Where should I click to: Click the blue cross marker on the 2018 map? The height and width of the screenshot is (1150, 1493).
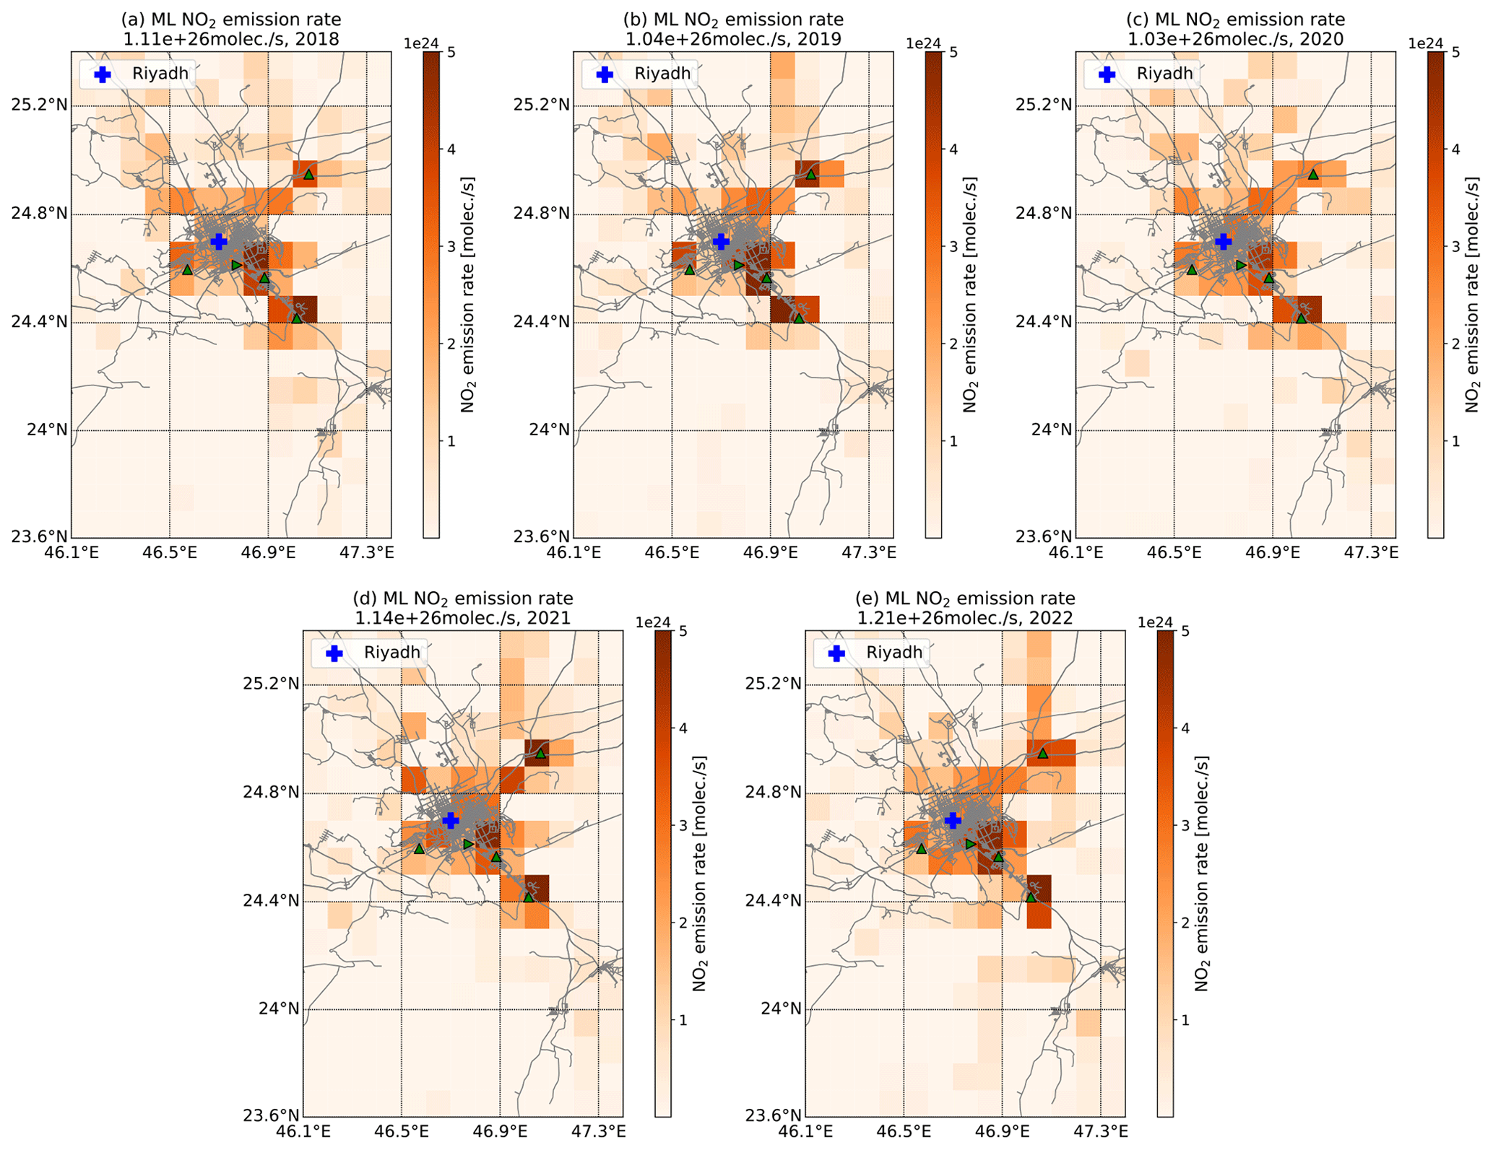click(218, 241)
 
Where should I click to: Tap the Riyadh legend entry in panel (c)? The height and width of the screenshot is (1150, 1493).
click(1164, 74)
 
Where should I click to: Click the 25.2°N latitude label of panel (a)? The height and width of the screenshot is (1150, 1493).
click(39, 105)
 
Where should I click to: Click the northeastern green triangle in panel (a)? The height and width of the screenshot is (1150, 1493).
click(308, 174)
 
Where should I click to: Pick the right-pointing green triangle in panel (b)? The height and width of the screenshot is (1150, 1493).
click(738, 265)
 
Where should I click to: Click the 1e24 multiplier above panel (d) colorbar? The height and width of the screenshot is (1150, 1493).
click(653, 623)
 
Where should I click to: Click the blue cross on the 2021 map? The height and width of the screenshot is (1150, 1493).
click(450, 820)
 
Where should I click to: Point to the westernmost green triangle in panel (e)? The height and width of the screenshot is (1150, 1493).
click(921, 849)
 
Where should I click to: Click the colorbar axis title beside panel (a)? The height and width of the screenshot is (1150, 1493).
click(468, 294)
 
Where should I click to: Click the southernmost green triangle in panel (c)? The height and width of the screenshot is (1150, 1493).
click(1301, 318)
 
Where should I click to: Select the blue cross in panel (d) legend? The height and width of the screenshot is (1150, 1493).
click(334, 653)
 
